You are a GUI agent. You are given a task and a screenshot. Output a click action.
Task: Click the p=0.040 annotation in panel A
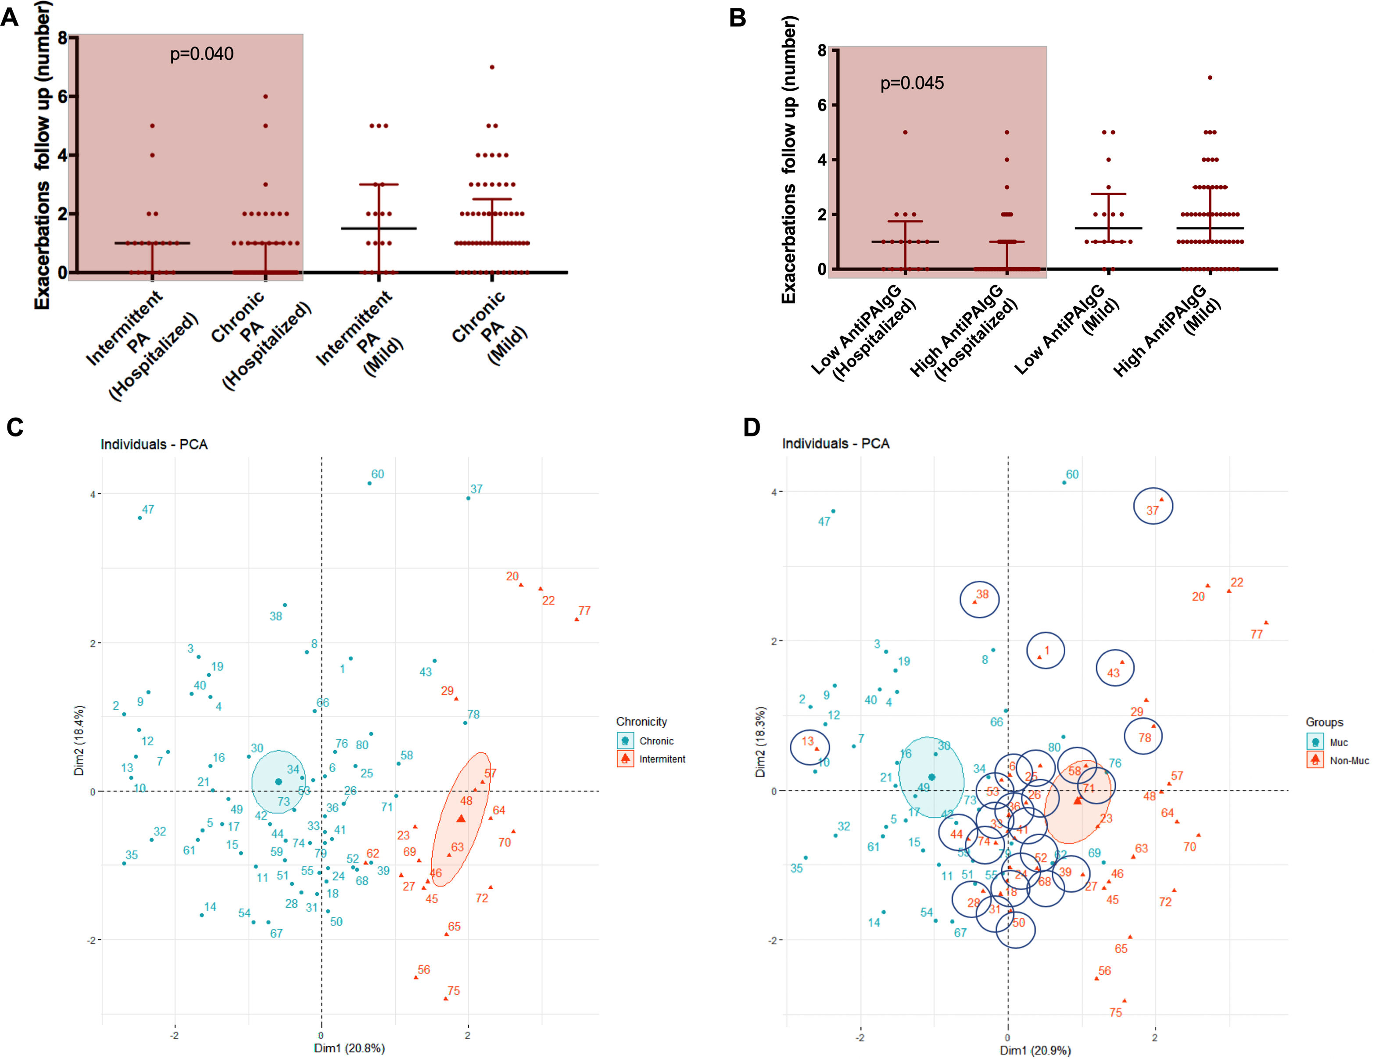point(202,54)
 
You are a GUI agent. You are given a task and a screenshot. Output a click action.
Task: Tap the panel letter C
point(15,427)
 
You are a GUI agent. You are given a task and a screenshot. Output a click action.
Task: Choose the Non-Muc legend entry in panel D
point(1349,761)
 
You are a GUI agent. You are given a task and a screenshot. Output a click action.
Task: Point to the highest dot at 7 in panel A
point(492,67)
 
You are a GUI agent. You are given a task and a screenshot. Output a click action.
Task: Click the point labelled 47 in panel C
point(140,518)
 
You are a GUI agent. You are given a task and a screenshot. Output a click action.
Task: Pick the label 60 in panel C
point(377,474)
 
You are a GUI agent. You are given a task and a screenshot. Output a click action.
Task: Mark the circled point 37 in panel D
point(1161,499)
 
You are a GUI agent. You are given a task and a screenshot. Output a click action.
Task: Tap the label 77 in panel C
point(584,610)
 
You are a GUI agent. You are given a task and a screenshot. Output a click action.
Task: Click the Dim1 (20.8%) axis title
point(349,1048)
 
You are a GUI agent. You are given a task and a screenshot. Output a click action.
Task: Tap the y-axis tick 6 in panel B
point(822,105)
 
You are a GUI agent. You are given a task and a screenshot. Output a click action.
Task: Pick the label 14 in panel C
point(210,906)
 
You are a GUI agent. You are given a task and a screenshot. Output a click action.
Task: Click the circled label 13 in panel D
point(808,741)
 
